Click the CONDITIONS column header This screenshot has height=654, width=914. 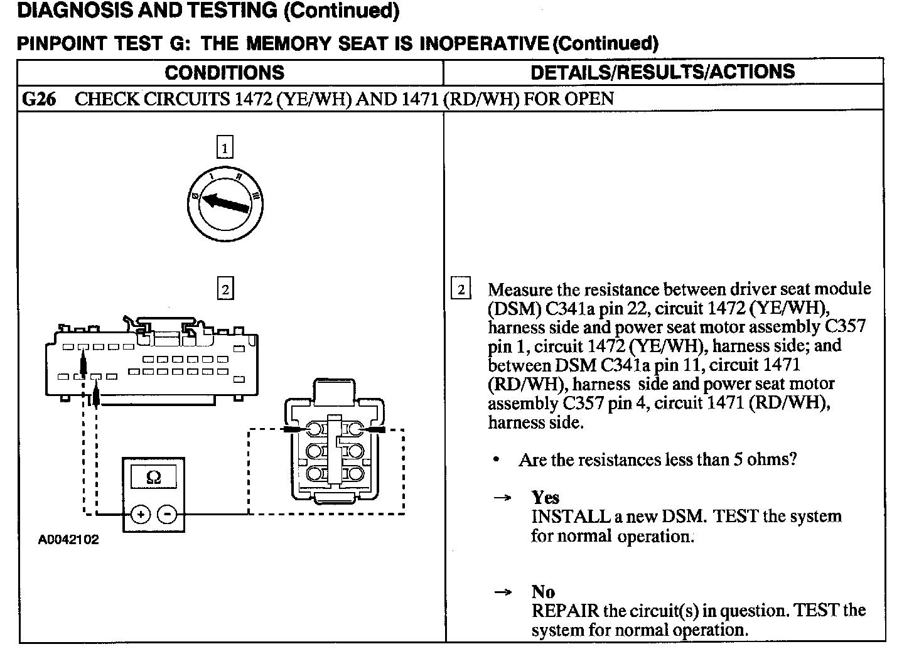coord(224,73)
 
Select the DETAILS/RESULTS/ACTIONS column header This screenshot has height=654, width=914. coord(662,72)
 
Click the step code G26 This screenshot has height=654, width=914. coord(39,99)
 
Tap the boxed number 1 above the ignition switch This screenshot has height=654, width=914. coord(225,148)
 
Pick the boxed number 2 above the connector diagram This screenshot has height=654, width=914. coord(225,289)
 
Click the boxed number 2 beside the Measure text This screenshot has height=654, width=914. coord(461,289)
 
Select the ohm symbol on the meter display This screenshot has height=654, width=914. coord(153,478)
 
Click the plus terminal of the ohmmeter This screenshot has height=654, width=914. coord(141,515)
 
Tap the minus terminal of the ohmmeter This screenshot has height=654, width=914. coord(167,515)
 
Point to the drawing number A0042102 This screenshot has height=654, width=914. coord(68,540)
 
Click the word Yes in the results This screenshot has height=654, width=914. coord(545,498)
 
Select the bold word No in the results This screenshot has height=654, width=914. coord(543,592)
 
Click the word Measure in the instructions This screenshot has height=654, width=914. coord(520,289)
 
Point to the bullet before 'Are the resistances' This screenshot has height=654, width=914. coord(497,460)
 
